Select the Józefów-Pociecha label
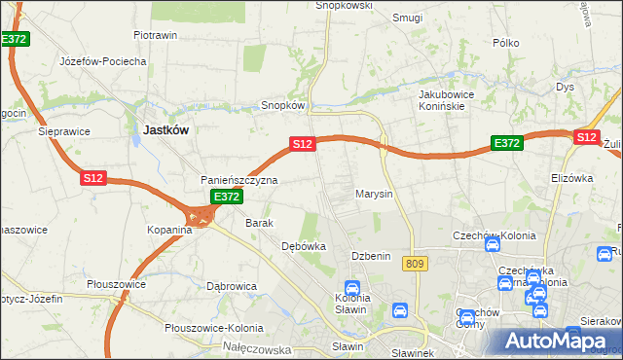coord(103,60)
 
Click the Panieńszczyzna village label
coord(239,180)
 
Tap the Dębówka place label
coord(303,246)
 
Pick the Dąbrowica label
coord(231,286)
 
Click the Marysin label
coord(374,194)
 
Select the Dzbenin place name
coord(371,256)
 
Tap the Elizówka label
coord(571,178)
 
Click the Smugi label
coord(406,18)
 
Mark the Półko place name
coord(505,43)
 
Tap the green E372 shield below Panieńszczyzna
coord(226,197)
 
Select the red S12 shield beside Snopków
coord(302,144)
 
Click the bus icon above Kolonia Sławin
coord(352,288)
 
